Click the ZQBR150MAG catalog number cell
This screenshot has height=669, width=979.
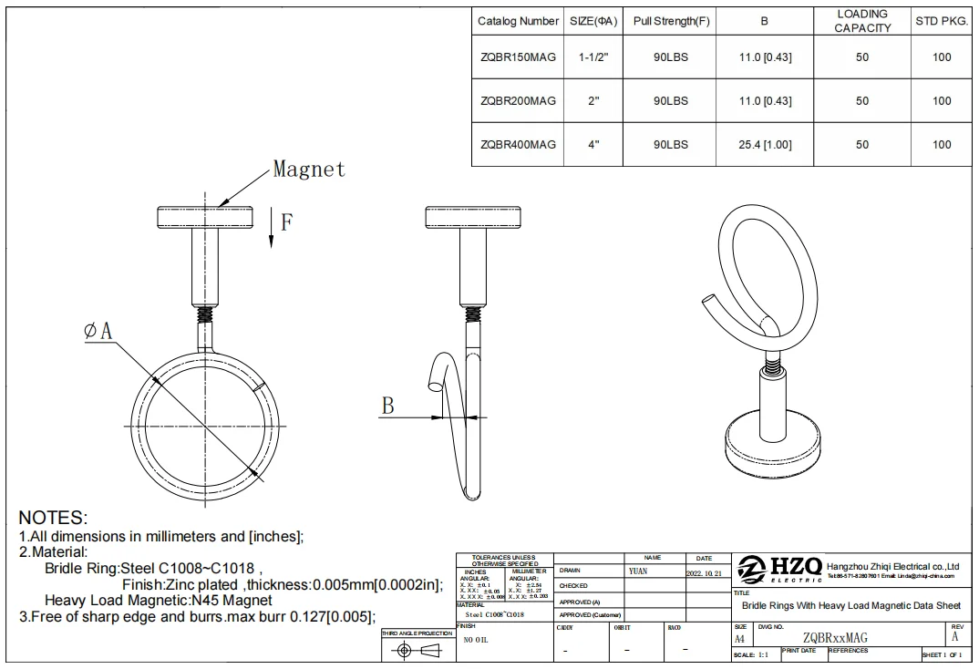coord(518,57)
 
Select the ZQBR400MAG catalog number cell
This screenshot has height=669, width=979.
coord(518,145)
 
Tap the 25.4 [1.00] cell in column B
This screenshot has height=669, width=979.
coord(765,145)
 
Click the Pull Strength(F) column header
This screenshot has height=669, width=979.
coord(670,21)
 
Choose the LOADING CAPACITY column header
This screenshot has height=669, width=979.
coord(861,21)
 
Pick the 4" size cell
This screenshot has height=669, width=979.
coord(593,145)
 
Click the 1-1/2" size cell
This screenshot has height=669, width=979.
coord(593,57)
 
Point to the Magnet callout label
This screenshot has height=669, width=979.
coord(309,170)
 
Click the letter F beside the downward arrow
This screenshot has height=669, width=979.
coord(286,221)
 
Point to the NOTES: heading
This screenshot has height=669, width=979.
coord(53,519)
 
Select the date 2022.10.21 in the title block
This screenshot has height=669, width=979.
coord(704,573)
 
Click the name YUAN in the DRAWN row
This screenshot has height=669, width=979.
coord(638,571)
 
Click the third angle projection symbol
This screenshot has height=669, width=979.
coord(417,650)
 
